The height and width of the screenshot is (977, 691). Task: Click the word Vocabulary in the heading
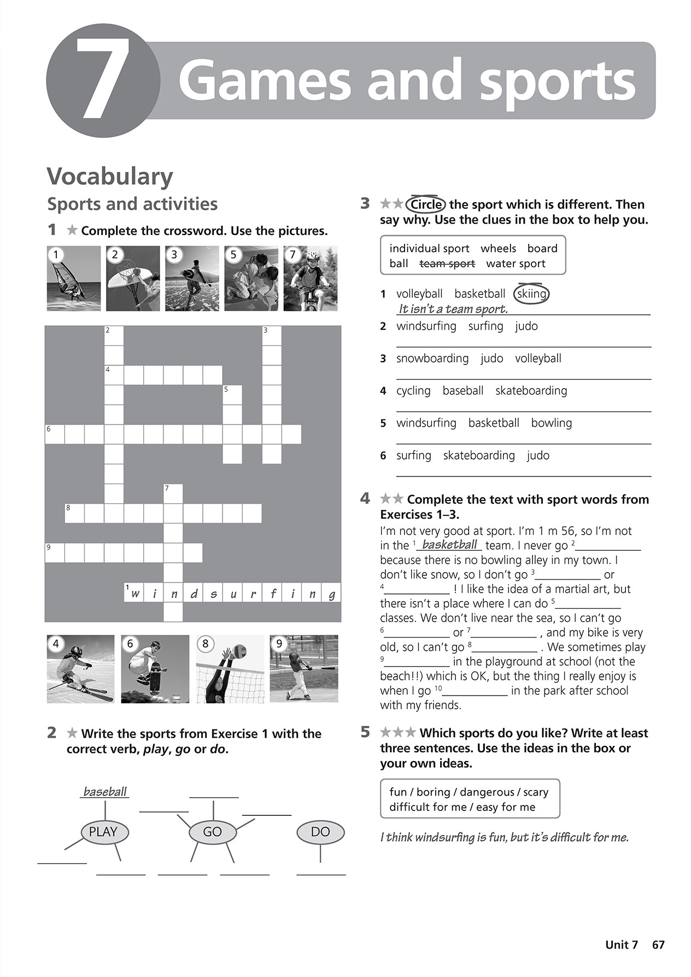click(110, 176)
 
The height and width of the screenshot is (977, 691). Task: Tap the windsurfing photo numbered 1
click(74, 278)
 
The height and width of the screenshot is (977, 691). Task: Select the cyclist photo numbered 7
click(311, 278)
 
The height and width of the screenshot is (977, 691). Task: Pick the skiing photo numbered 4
click(80, 668)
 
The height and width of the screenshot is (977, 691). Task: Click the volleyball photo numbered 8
click(230, 668)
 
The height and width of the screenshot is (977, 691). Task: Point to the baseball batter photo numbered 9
click(304, 668)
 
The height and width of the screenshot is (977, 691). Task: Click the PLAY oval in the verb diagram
click(103, 832)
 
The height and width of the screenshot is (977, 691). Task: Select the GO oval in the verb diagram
click(213, 832)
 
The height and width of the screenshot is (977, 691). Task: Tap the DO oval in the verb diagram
click(320, 832)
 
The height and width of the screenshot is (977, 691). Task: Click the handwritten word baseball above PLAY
click(104, 792)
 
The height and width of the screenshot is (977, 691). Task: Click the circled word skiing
click(532, 294)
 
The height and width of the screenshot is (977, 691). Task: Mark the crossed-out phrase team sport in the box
click(447, 263)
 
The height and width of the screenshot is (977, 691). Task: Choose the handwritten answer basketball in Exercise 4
click(450, 545)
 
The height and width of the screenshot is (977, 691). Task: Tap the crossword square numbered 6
click(54, 434)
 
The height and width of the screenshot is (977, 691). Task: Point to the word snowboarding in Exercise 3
click(432, 358)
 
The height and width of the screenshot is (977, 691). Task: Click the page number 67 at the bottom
click(658, 945)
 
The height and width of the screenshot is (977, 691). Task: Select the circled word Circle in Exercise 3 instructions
click(426, 204)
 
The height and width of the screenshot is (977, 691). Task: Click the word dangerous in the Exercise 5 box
click(487, 792)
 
